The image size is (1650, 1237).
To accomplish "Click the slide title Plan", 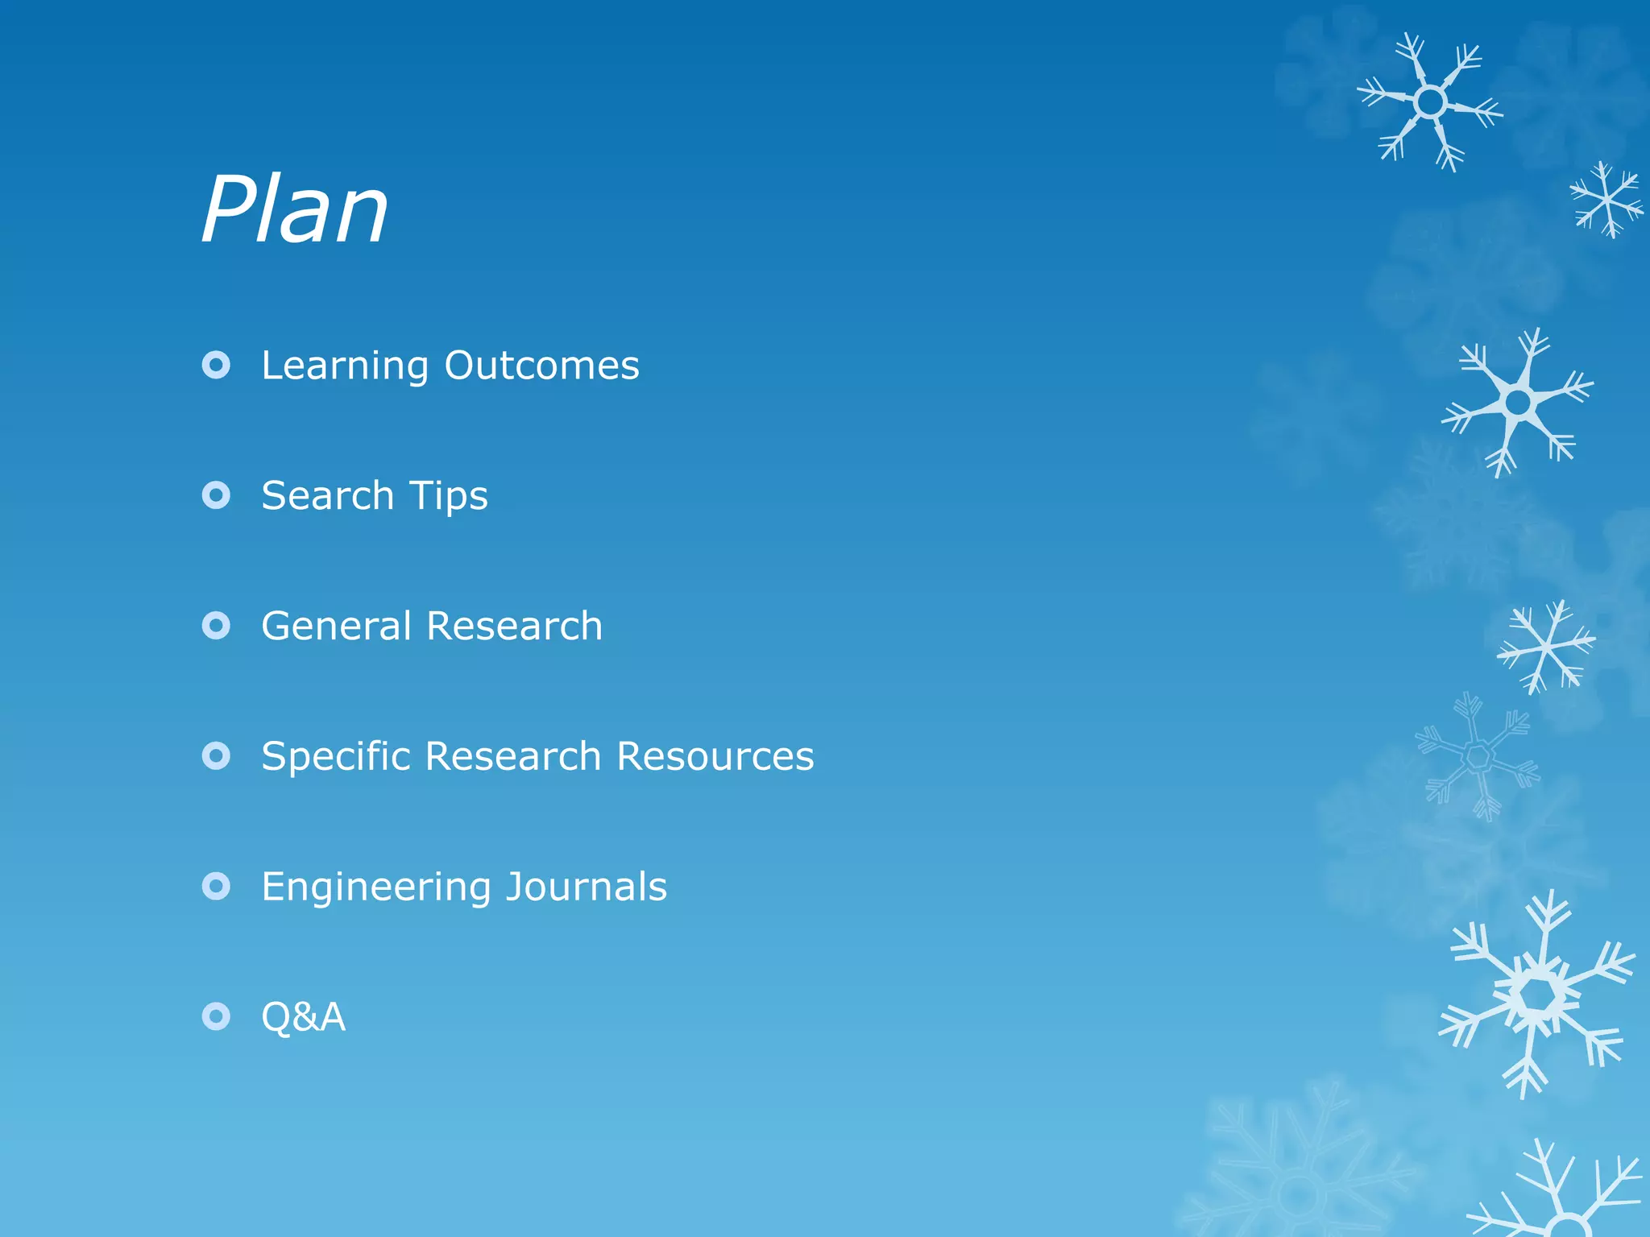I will (295, 211).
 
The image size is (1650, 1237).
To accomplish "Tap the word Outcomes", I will (541, 366).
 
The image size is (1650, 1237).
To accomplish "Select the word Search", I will (327, 495).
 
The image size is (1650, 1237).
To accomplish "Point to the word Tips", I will (449, 497).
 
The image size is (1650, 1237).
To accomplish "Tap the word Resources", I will (715, 756).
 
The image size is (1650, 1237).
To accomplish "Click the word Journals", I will (587, 887).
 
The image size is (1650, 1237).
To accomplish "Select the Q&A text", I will (303, 1017).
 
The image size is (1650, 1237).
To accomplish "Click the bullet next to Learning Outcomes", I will (216, 366).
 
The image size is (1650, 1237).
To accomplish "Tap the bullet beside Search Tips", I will (216, 495).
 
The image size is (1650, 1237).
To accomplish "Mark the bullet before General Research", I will (216, 626).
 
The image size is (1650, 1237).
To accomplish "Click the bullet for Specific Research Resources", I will (216, 756).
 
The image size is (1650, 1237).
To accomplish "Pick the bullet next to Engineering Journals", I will (216, 887).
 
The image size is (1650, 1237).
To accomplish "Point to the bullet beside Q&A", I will (216, 1017).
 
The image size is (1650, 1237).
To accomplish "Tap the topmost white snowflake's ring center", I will (1431, 102).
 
